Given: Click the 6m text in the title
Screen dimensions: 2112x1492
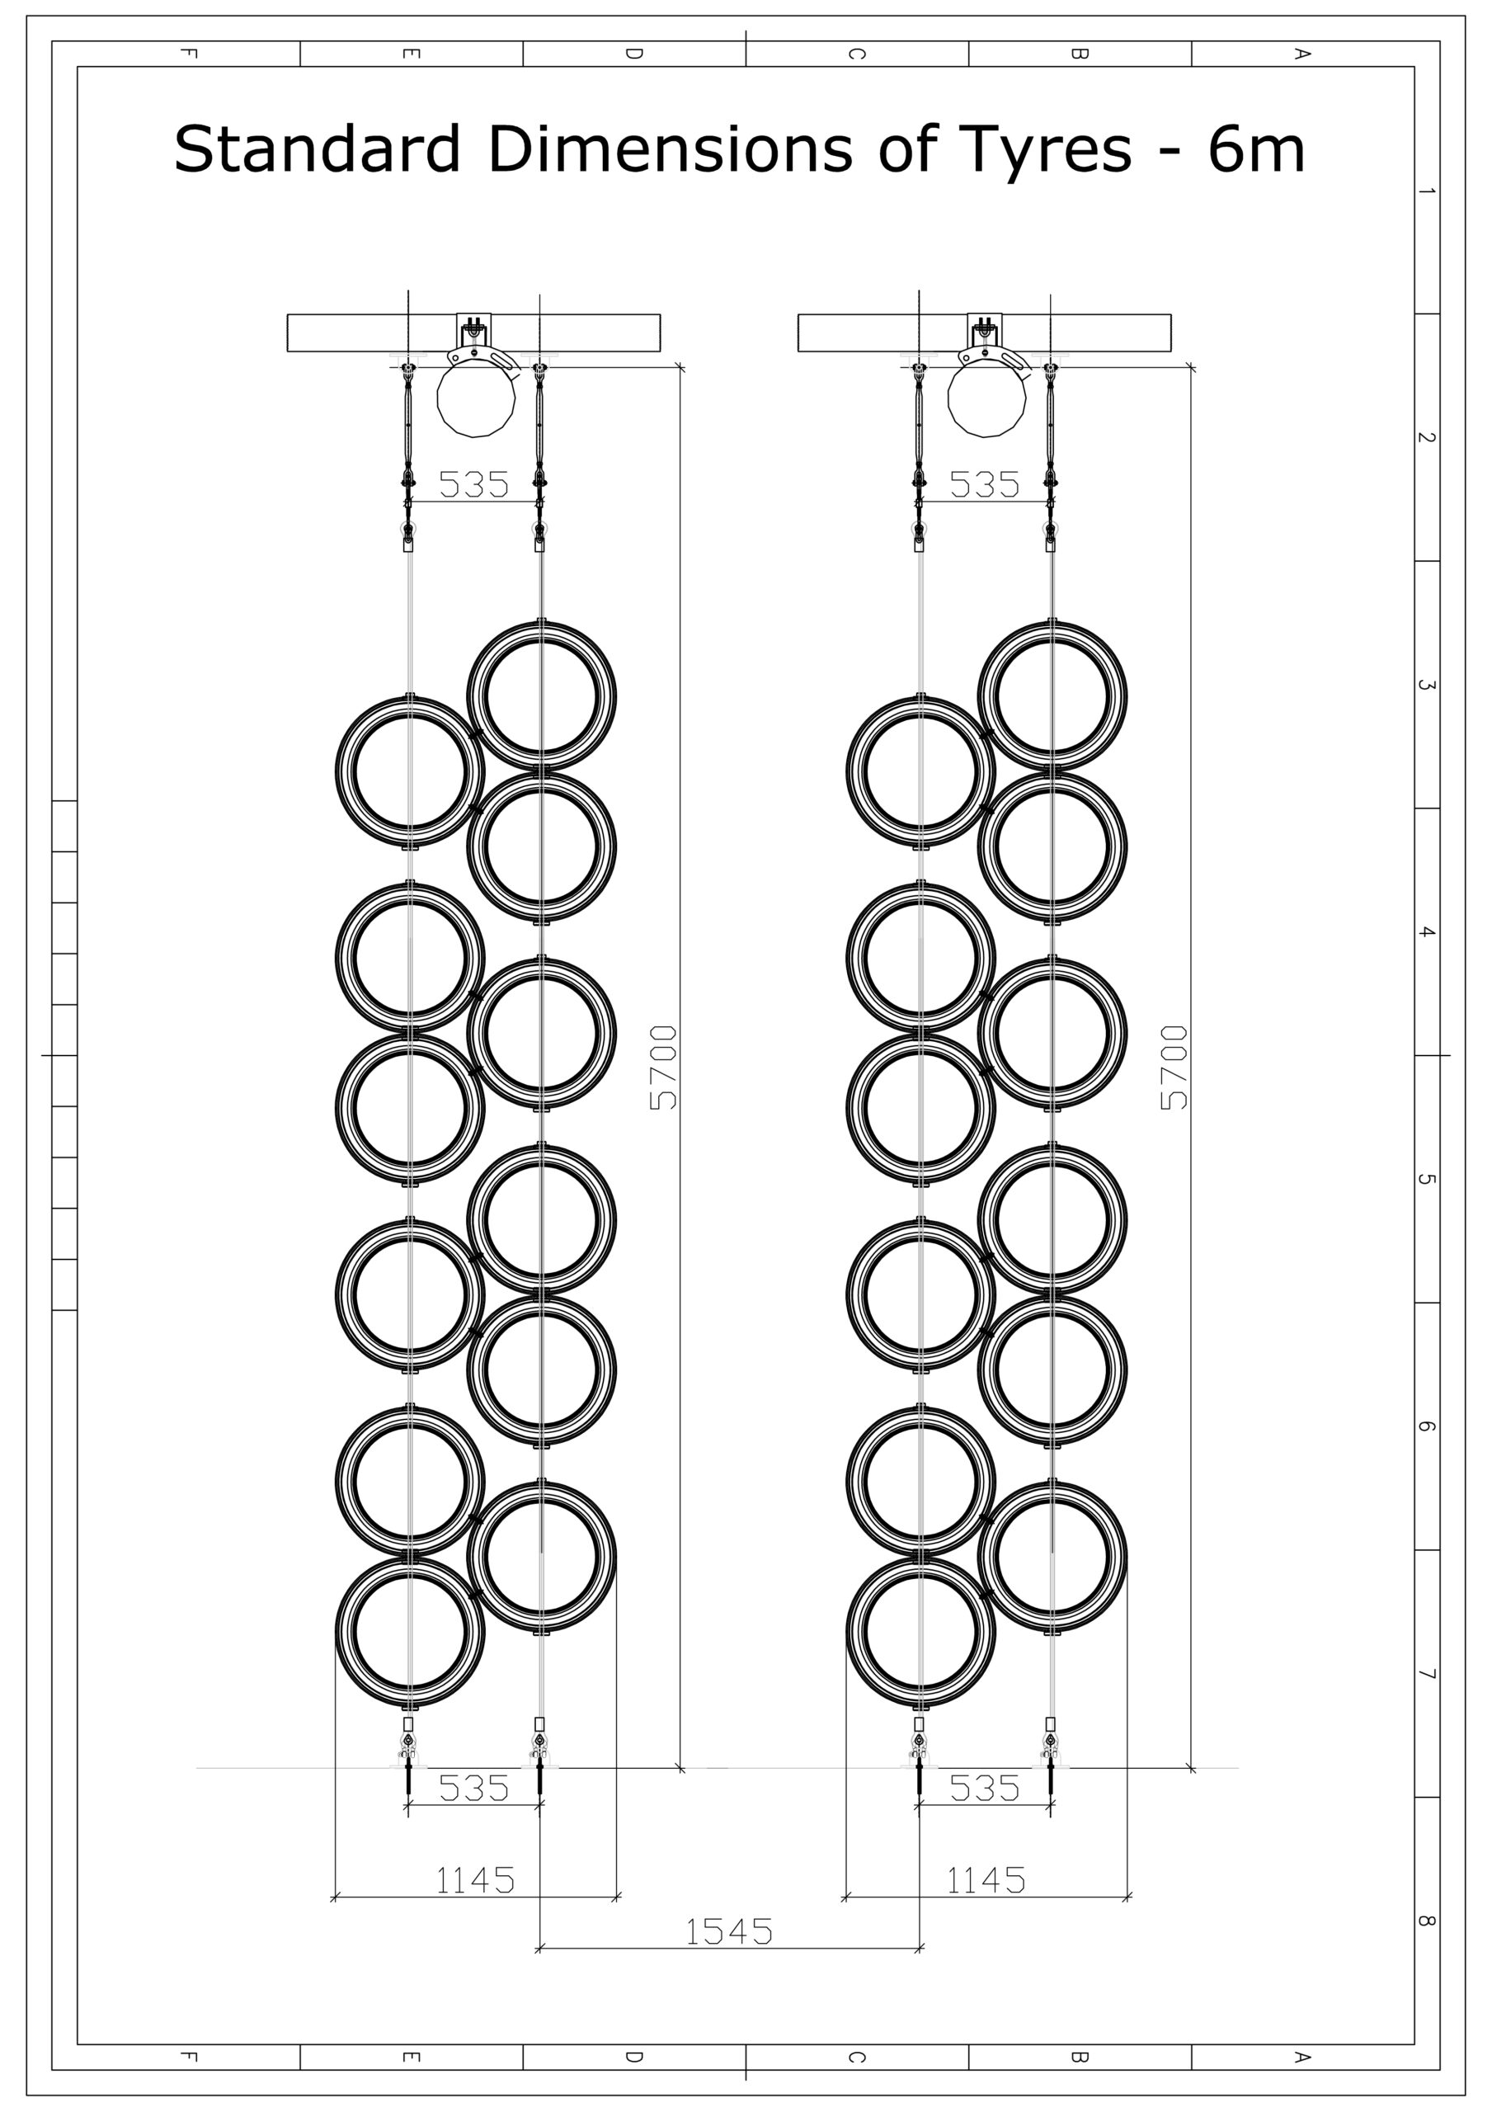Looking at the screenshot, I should click(x=1255, y=150).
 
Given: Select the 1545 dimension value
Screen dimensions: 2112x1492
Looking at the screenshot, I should click(x=729, y=1931).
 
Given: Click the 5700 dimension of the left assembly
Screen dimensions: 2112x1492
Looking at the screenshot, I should click(x=664, y=1067).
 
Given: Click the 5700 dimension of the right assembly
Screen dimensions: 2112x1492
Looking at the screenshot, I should click(x=1174, y=1067).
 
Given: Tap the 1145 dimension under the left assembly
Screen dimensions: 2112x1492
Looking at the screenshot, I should click(x=474, y=1880).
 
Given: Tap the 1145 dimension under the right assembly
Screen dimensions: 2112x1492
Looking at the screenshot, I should click(x=986, y=1880).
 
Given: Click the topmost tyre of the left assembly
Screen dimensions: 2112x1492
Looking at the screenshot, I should click(x=542, y=695).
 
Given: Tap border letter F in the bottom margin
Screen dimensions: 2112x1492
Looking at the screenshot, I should click(x=189, y=2057).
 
